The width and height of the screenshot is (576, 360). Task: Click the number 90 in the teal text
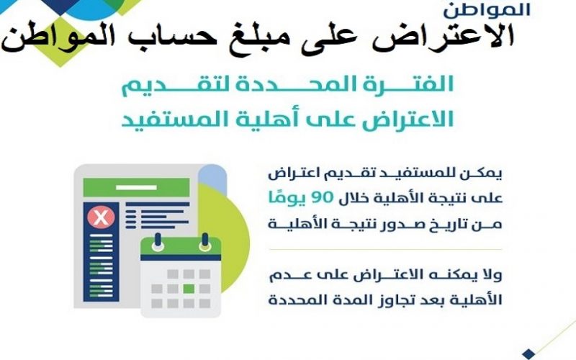point(323,197)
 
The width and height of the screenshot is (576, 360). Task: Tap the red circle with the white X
point(101,217)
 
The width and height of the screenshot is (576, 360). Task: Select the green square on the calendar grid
point(189,289)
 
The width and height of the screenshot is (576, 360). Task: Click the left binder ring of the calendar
point(158,242)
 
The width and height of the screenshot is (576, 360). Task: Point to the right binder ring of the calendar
point(204,242)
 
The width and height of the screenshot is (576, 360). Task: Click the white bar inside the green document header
point(136,188)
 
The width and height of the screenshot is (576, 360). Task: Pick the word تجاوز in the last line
point(379,300)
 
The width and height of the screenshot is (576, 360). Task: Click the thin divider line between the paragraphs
point(385,249)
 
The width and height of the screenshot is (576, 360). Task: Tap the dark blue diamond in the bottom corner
point(528,354)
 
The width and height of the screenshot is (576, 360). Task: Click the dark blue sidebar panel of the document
point(101,251)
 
